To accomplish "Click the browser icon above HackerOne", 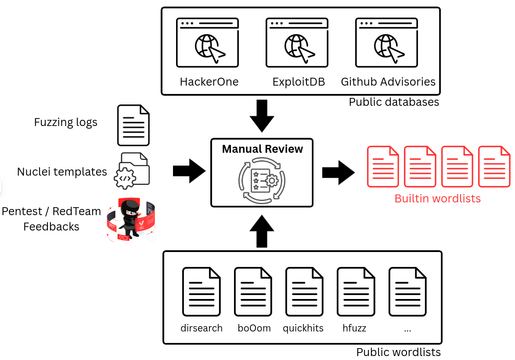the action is pos(207,43).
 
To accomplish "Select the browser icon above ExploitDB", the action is pos(297,43).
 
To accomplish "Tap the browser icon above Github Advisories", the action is pos(386,43).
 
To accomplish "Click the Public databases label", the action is pos(394,102).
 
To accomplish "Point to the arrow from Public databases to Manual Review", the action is pos(262,115).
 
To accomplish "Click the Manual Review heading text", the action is pos(263,149).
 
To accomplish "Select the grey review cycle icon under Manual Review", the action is pos(262,180).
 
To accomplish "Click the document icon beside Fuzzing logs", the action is pos(133,125).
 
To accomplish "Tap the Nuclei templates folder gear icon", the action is pos(132,171).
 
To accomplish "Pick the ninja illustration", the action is pos(131,220).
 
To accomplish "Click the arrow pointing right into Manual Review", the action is pos(189,171).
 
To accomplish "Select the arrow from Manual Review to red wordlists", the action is pos(339,173).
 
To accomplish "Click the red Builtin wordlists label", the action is pos(437,199).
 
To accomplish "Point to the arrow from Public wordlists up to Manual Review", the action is pos(262,231).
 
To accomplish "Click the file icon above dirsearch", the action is pos(202,292).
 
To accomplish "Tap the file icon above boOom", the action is pos(253,292).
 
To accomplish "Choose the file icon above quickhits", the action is pos(304,292).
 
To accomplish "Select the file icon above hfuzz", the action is pos(356,292).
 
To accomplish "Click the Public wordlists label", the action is pos(398,352).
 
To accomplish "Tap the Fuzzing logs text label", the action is pos(66,122).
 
